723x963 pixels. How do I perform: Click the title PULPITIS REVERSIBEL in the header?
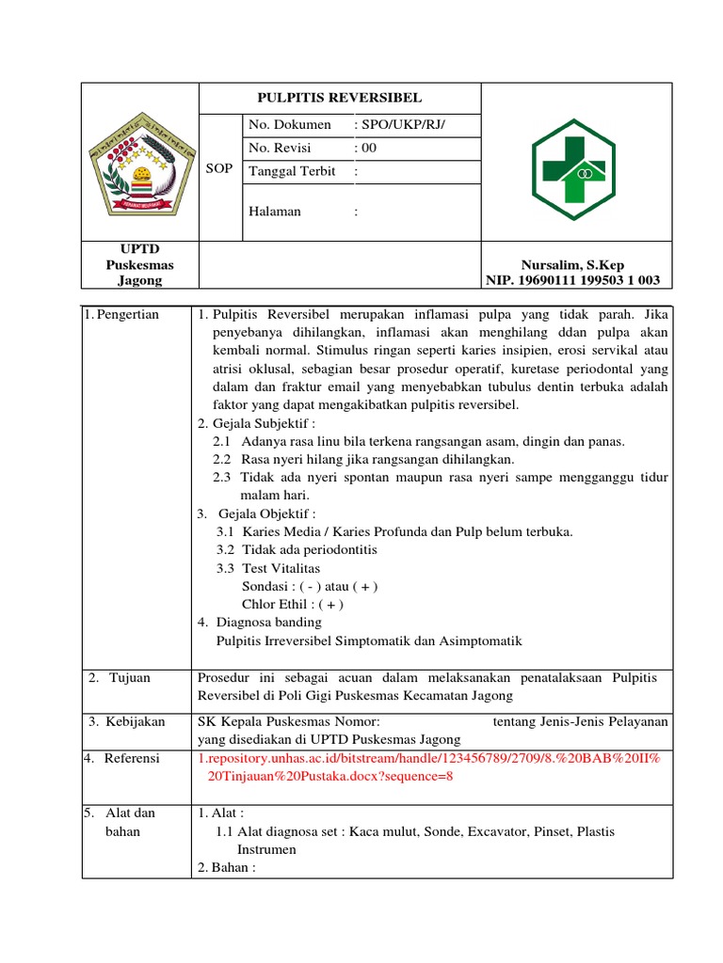340,98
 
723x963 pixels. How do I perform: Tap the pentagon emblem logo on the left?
139,162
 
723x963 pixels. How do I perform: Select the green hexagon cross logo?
573,163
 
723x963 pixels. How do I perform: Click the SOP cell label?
218,166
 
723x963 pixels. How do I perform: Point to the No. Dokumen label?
289,124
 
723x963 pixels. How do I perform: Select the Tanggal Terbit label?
292,171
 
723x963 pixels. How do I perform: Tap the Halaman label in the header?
275,212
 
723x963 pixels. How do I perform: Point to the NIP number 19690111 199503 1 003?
572,280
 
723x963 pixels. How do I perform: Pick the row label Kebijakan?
131,721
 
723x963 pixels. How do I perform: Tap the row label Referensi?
126,758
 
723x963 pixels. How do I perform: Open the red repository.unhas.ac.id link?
429,766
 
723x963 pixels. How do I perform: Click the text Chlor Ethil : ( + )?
293,604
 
